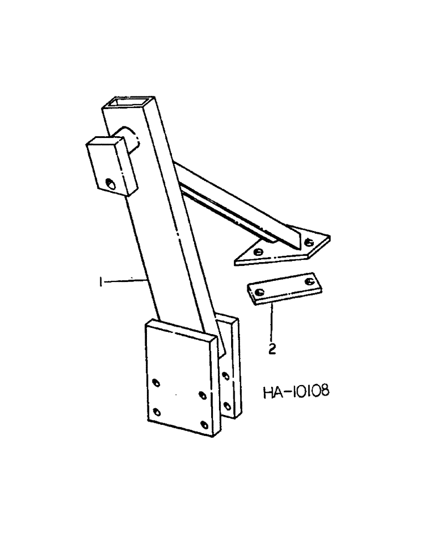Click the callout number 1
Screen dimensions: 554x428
(100, 283)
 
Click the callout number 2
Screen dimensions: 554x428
(273, 349)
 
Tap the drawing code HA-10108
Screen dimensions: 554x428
(295, 392)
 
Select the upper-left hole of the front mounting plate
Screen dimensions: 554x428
(156, 382)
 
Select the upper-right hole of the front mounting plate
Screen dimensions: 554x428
(202, 395)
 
